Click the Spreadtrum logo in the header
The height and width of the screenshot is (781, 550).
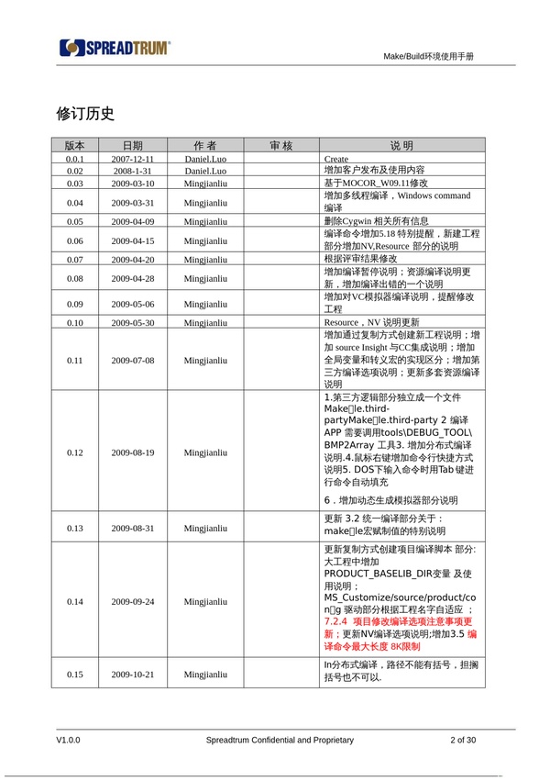(115, 48)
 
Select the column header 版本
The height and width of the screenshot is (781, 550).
(74, 146)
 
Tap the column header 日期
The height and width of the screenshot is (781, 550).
(133, 146)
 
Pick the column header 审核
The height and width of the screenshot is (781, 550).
(280, 146)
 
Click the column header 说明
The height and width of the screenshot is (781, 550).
(401, 146)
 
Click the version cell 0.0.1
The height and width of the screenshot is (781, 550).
(74, 159)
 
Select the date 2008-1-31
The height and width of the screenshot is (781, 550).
(133, 171)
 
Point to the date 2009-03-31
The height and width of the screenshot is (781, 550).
(133, 202)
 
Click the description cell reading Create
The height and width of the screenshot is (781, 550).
(336, 159)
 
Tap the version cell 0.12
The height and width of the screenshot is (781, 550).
(74, 452)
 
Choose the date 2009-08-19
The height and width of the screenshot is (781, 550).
(133, 452)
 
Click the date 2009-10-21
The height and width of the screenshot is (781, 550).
(133, 675)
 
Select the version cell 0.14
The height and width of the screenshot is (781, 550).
(74, 602)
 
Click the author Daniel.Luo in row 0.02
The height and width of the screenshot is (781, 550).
(205, 171)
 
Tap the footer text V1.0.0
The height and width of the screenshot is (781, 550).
(69, 740)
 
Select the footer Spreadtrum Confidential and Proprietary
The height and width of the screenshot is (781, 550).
(280, 740)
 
